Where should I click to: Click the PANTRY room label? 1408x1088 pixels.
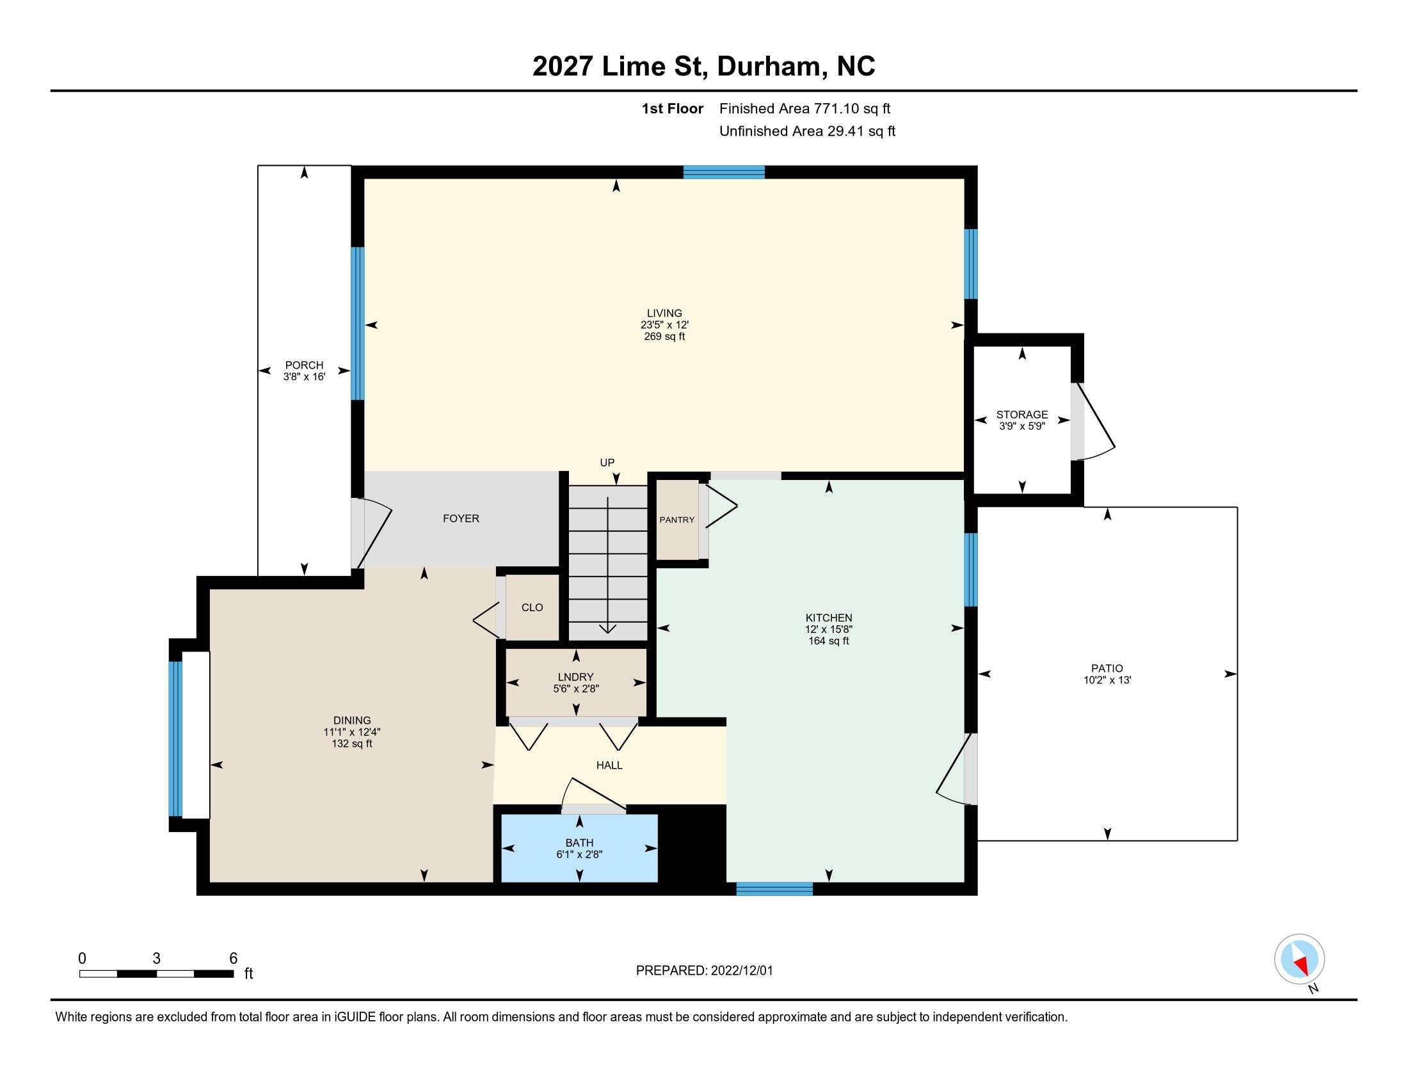[677, 520]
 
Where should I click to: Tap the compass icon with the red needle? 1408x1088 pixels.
[1299, 959]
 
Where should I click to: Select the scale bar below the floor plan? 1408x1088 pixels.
[157, 974]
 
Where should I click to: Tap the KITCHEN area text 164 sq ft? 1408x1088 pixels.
[828, 641]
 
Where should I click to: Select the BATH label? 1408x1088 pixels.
[579, 843]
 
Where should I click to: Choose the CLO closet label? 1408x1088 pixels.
[532, 608]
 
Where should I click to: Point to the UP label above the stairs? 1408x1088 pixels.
[607, 463]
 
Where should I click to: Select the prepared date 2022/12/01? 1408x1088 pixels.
[741, 971]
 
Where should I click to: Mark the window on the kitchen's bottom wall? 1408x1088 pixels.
[774, 889]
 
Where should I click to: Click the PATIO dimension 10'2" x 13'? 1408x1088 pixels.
[1107, 680]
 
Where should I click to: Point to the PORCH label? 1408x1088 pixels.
[303, 365]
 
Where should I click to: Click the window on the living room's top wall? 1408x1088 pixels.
[724, 172]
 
